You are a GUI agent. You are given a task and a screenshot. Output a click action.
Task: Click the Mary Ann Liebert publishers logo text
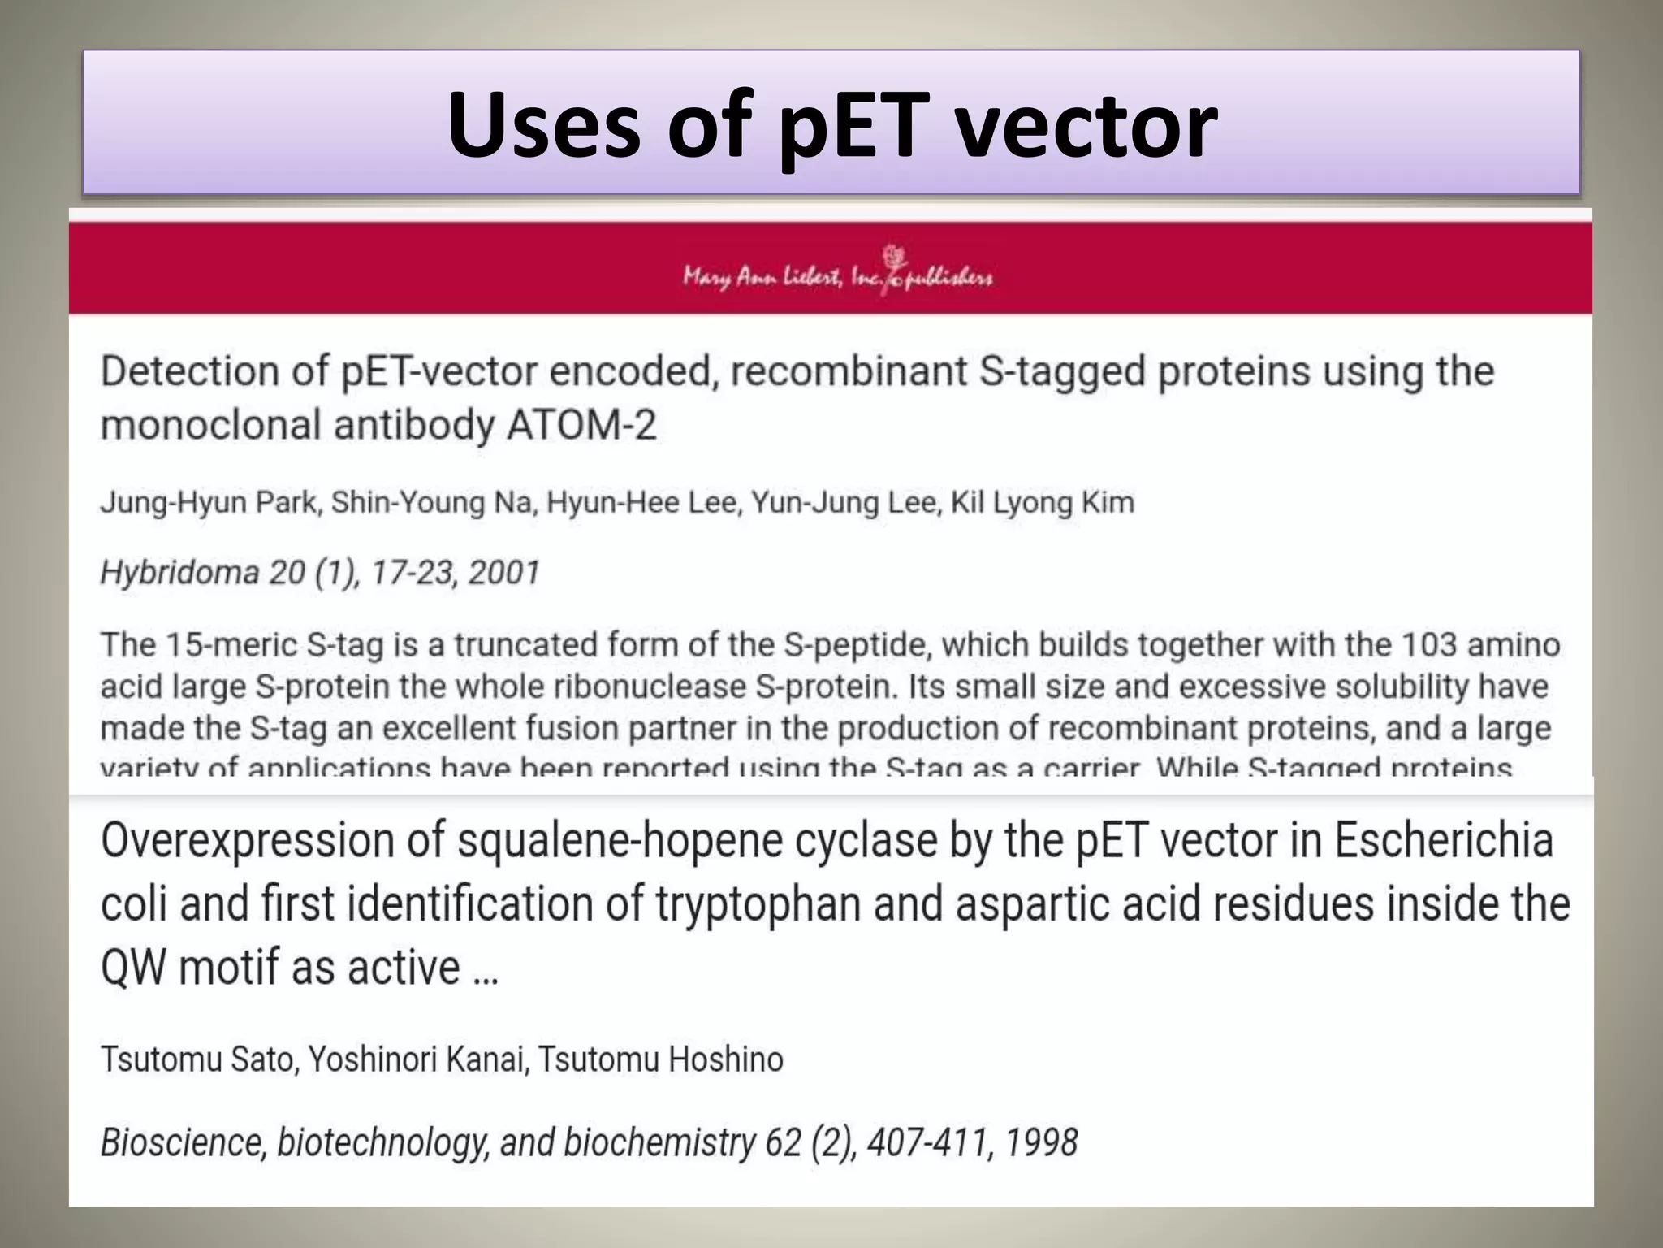click(x=836, y=277)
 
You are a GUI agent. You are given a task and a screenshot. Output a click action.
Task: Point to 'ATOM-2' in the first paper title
click(x=581, y=426)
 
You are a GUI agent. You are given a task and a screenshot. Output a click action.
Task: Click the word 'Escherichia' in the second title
click(x=1443, y=841)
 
